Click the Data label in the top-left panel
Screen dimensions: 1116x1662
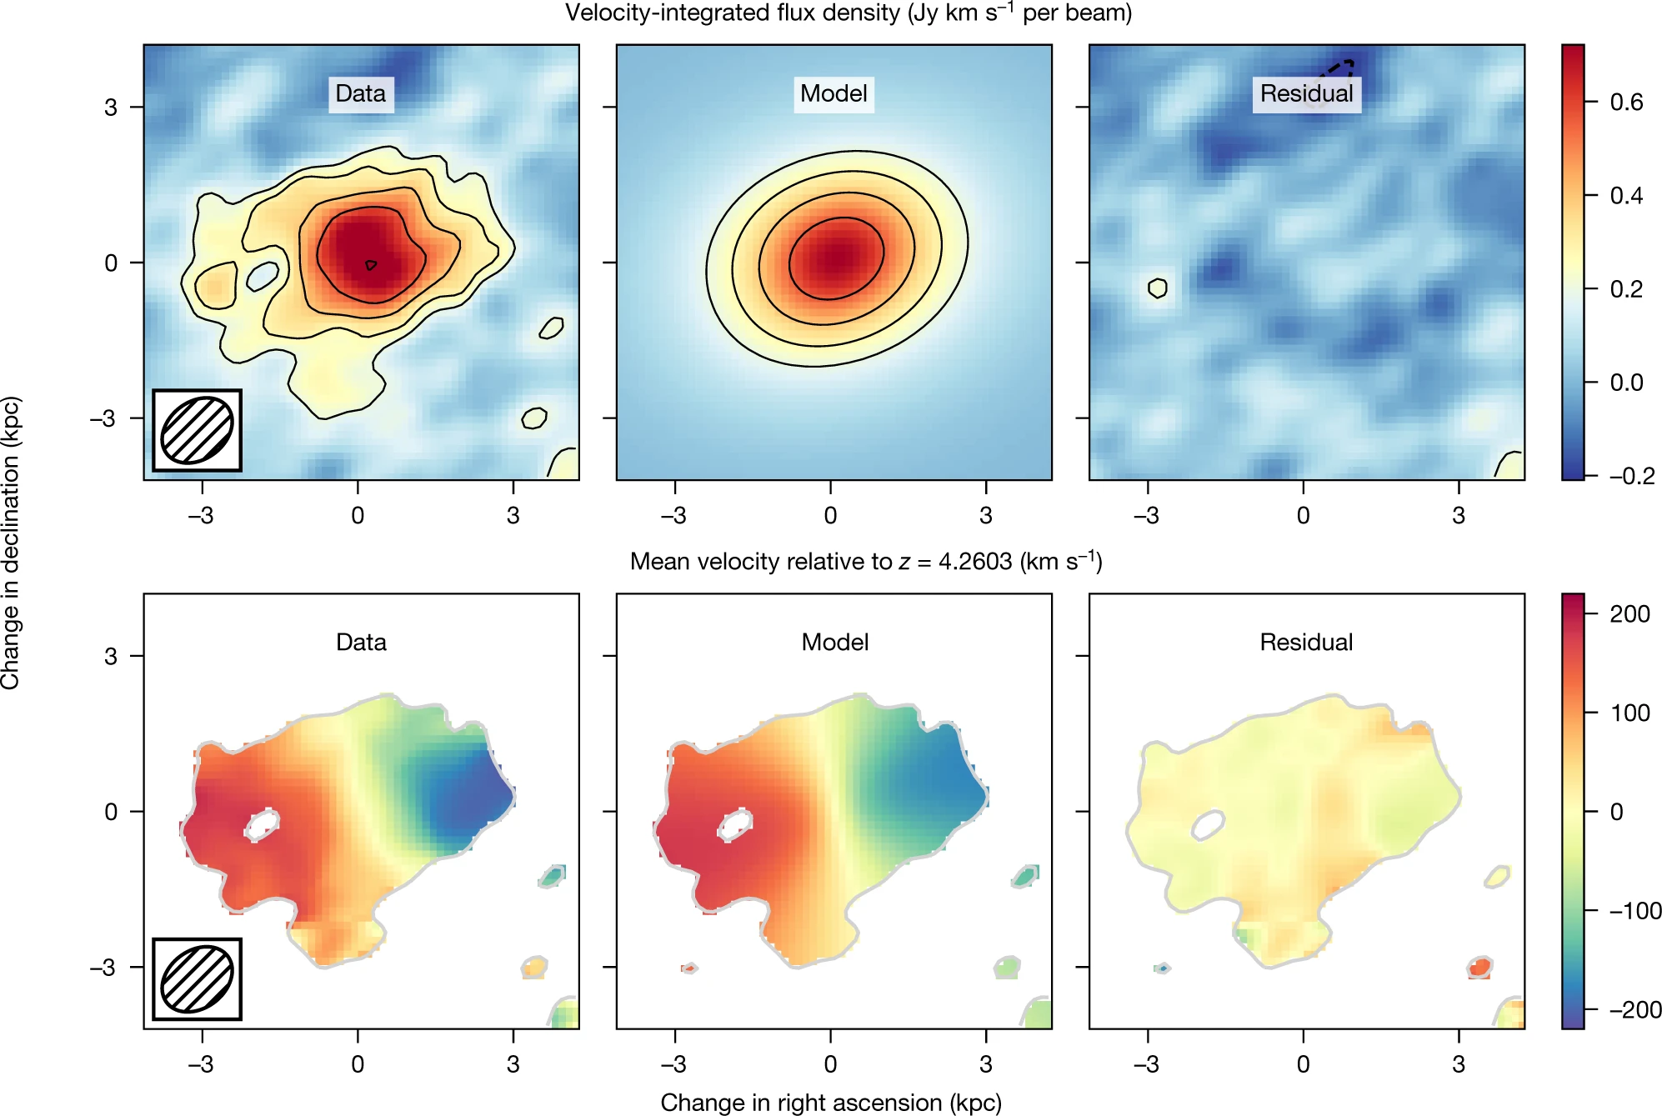[x=360, y=93]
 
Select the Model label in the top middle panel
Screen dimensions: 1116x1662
[x=834, y=93]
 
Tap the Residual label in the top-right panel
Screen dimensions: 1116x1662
[x=1306, y=93]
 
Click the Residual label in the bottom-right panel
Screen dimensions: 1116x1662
[x=1306, y=642]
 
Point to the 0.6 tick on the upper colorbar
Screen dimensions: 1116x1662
[x=1626, y=103]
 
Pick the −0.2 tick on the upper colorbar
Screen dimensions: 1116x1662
[x=1631, y=476]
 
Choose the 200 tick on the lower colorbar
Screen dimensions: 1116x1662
[x=1629, y=614]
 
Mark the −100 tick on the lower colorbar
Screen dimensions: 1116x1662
[x=1634, y=911]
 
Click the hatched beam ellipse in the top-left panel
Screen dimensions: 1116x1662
[x=197, y=430]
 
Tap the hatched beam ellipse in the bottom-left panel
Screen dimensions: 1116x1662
[x=197, y=978]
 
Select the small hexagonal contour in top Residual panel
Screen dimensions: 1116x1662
[x=1157, y=288]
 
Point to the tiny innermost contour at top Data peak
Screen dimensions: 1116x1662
[x=371, y=265]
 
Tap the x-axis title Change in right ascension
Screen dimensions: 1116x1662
[x=830, y=1102]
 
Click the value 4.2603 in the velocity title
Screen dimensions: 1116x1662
[x=974, y=562]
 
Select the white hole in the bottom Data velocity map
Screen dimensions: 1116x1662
[x=262, y=824]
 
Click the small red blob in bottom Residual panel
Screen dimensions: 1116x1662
[x=1479, y=968]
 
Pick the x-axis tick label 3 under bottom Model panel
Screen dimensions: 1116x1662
[x=986, y=1064]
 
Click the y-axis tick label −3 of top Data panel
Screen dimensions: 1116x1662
[x=103, y=418]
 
